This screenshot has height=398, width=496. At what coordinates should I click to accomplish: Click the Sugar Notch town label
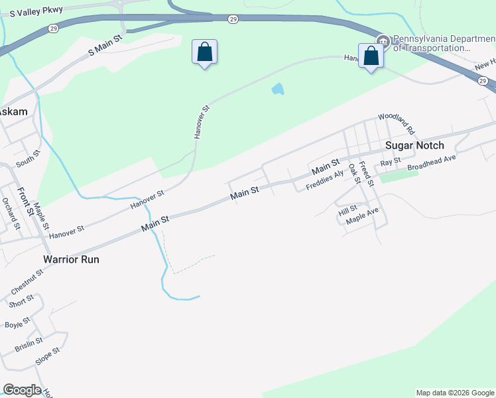tap(414, 145)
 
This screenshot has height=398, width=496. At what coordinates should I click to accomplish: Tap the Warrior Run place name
tap(71, 259)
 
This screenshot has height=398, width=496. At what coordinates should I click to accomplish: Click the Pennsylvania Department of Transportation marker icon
tap(382, 40)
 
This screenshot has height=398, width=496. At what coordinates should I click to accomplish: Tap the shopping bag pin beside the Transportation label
tap(371, 56)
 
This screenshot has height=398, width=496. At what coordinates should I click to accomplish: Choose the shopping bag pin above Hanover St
tap(204, 52)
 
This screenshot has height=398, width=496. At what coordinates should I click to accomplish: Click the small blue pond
tap(278, 89)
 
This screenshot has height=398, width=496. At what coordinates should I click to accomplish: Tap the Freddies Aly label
tap(325, 180)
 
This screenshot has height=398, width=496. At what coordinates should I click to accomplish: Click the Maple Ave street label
tap(362, 215)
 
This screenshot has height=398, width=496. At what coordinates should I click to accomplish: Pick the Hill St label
tap(347, 211)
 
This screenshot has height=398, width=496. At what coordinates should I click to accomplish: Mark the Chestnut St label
tap(27, 281)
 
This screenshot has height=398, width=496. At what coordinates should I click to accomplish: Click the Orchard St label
tap(10, 211)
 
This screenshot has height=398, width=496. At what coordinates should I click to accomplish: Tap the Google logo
tap(22, 390)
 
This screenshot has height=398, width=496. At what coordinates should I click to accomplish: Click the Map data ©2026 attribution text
tap(454, 393)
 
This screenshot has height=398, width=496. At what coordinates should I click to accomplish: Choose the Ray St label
tap(391, 162)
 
